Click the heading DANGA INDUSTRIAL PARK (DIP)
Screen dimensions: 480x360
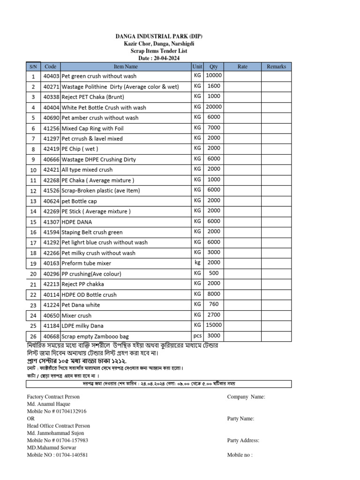(x=159, y=37)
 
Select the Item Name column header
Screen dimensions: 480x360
(x=126, y=67)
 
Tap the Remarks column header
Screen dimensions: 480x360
(x=276, y=67)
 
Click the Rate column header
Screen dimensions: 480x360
(x=242, y=67)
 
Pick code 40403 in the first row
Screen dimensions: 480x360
(x=51, y=76)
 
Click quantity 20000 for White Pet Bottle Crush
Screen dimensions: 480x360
(x=213, y=107)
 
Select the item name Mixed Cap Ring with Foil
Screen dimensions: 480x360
(x=93, y=128)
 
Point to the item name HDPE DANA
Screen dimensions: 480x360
(x=78, y=222)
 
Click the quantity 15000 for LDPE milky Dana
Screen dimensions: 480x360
(x=213, y=325)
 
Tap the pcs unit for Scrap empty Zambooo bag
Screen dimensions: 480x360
(x=197, y=336)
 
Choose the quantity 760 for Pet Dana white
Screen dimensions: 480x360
(x=213, y=304)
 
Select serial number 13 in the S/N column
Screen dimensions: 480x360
(x=33, y=201)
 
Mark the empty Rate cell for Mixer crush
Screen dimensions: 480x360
(x=242, y=315)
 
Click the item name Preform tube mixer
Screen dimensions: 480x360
(x=87, y=263)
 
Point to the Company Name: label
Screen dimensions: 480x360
(x=246, y=397)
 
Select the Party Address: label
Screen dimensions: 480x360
(x=243, y=440)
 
